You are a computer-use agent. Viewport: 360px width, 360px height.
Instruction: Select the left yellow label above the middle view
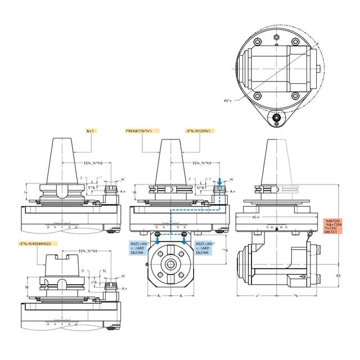click(142, 130)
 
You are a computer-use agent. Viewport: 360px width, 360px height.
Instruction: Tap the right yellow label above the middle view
click(198, 130)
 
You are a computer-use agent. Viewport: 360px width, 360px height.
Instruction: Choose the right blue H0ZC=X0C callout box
click(202, 247)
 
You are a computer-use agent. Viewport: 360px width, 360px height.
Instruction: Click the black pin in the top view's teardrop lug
click(276, 119)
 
